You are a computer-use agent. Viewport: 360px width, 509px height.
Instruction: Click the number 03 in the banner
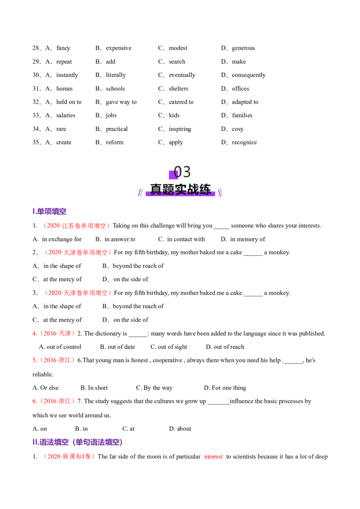click(182, 172)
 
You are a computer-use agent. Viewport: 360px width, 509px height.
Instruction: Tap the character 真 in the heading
click(156, 189)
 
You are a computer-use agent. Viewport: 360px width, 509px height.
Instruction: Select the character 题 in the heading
click(168, 189)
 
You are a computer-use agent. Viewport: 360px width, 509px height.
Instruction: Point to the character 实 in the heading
click(180, 189)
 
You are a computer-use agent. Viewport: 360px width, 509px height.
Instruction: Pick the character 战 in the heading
click(193, 189)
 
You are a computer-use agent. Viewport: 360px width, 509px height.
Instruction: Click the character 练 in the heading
click(205, 189)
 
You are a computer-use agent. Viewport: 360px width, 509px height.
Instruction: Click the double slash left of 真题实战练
click(140, 192)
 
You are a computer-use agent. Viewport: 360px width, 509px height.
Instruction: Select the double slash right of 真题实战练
click(220, 192)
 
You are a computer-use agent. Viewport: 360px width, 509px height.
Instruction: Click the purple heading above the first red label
click(50, 211)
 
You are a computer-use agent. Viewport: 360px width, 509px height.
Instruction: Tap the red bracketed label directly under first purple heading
click(77, 226)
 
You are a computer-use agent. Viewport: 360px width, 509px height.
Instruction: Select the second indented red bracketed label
click(78, 253)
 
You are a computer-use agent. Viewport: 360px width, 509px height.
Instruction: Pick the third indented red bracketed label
click(78, 293)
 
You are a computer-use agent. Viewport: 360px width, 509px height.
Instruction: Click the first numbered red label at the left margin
click(54, 334)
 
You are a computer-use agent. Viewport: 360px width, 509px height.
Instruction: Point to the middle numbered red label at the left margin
click(54, 360)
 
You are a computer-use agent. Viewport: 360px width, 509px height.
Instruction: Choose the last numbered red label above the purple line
click(54, 401)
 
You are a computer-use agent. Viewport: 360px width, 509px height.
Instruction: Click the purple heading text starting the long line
click(51, 442)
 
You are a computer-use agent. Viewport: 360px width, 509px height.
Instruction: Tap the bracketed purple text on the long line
click(97, 442)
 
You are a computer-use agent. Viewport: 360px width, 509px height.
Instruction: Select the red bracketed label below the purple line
click(70, 456)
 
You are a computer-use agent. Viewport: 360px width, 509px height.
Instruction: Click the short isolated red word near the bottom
click(213, 457)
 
